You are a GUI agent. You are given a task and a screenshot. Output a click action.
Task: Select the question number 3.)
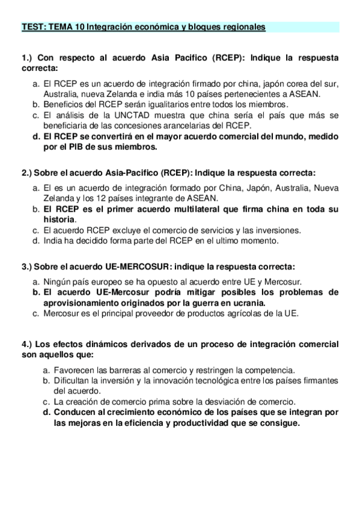coord(26,266)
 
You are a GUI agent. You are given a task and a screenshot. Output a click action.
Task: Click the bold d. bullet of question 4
coord(46,412)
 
